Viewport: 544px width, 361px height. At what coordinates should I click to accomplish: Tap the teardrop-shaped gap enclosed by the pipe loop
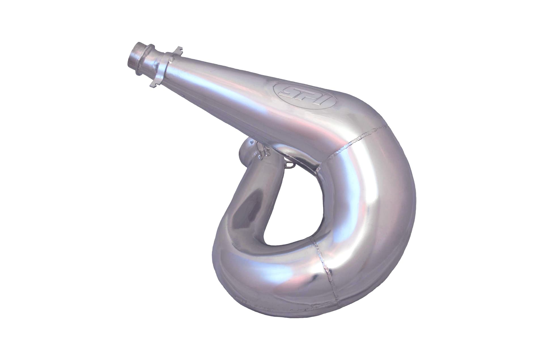(x=292, y=216)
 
